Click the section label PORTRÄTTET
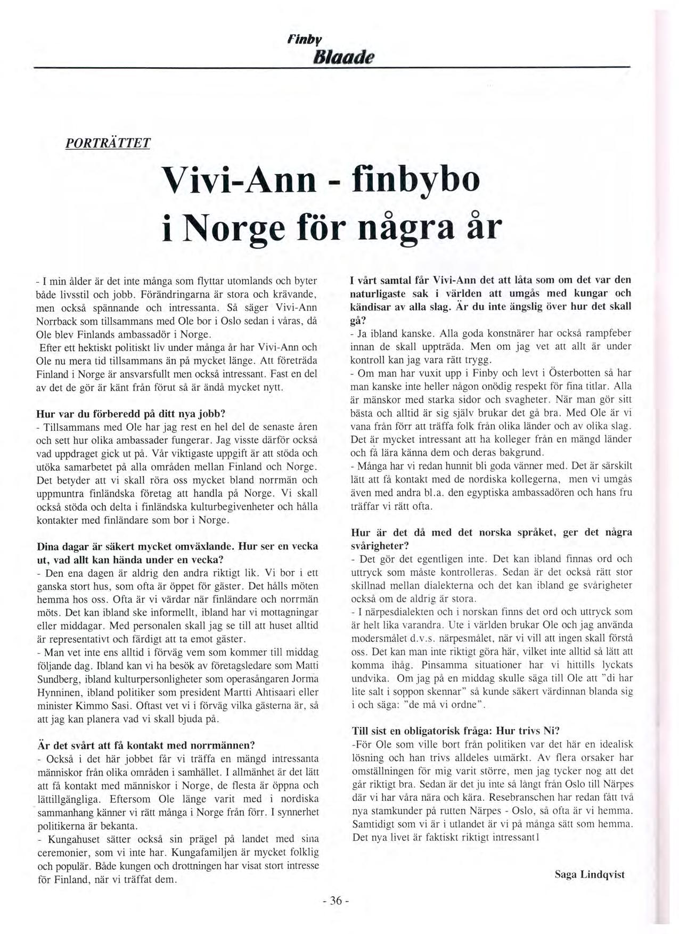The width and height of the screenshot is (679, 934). pyautogui.click(x=108, y=143)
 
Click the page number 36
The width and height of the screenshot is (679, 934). pyautogui.click(x=335, y=900)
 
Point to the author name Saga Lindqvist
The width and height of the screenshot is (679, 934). pyautogui.click(x=589, y=874)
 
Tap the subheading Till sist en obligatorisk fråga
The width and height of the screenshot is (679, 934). pyautogui.click(x=455, y=730)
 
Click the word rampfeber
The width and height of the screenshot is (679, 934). pyautogui.click(x=609, y=333)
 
